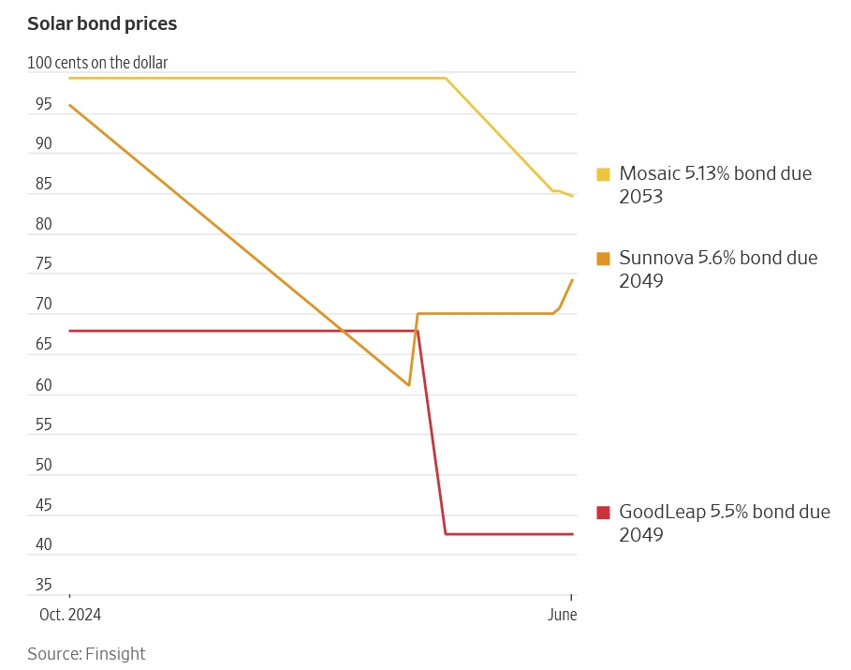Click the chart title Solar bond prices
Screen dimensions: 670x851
[x=102, y=24]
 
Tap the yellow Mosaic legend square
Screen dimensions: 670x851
[x=603, y=174]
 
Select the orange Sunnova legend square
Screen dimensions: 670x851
[x=603, y=259]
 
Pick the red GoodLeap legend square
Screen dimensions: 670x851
[x=603, y=513]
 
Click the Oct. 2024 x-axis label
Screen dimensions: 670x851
[x=70, y=615]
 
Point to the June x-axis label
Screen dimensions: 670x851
[x=562, y=615]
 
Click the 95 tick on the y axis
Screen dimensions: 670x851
[x=44, y=104]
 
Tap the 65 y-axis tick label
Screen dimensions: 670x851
[x=44, y=345]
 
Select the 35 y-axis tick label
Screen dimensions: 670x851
[x=44, y=585]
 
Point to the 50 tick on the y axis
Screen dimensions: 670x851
[x=44, y=465]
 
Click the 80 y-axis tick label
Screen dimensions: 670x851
[x=44, y=224]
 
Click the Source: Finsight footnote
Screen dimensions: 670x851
[x=86, y=654]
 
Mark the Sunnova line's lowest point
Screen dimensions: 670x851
[x=409, y=385]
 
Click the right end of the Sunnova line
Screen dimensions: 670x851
[x=572, y=280]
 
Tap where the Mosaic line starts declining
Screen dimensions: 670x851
[x=446, y=78]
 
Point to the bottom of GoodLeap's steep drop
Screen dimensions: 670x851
[x=446, y=534]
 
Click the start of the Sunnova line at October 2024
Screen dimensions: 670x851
[x=70, y=105]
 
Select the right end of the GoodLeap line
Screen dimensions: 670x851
[x=572, y=534]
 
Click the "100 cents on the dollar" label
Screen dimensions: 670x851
[x=97, y=64]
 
